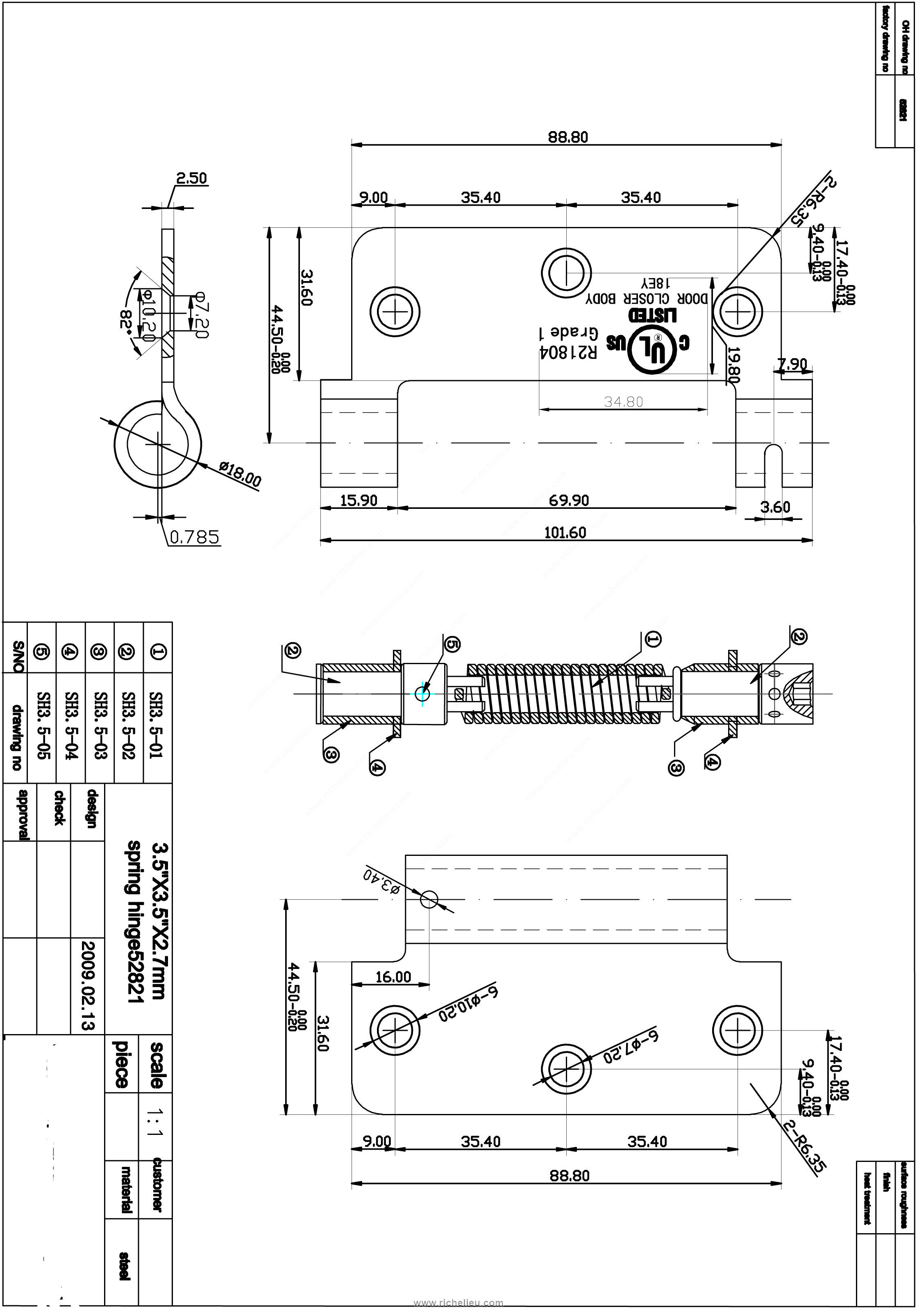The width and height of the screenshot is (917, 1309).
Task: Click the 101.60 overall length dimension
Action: (x=565, y=533)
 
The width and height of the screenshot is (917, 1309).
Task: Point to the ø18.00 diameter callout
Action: (x=240, y=474)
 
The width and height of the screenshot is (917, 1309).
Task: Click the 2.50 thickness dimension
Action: (x=191, y=179)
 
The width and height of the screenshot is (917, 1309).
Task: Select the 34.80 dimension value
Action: (x=623, y=402)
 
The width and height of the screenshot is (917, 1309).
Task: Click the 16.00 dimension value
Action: (x=393, y=977)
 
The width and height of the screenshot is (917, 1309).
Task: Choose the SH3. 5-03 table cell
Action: (x=100, y=725)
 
